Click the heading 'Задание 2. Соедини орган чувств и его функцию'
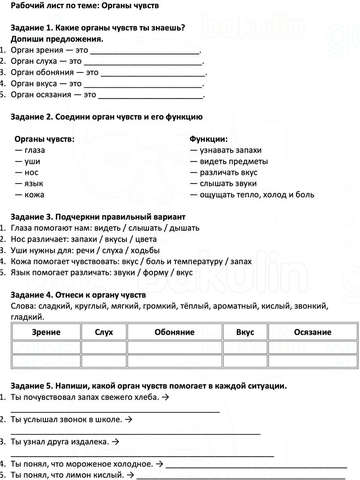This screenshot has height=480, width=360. (106, 117)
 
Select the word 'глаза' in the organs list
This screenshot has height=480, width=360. (35, 150)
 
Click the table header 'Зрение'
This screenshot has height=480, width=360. (46, 332)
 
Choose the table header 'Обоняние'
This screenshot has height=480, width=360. (175, 332)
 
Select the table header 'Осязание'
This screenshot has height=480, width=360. (312, 332)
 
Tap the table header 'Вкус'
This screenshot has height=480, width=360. (245, 332)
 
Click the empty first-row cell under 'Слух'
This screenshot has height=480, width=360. (104, 347)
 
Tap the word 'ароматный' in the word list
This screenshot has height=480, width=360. (235, 306)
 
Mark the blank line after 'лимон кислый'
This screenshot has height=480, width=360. (241, 476)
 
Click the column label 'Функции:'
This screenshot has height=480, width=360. (208, 139)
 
